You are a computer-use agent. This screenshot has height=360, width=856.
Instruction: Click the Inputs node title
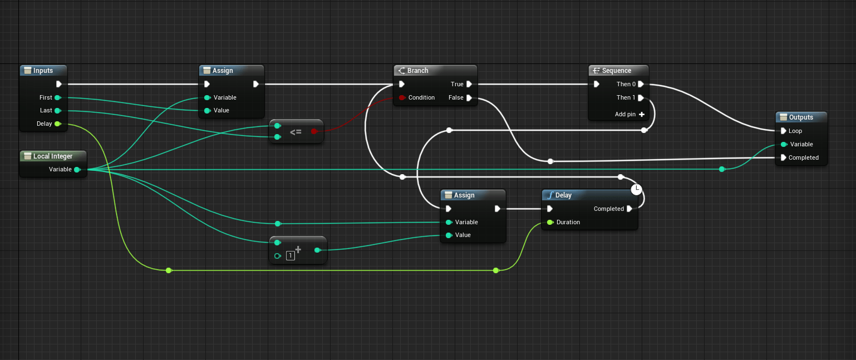click(x=43, y=71)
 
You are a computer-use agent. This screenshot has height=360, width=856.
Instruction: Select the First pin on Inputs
click(x=57, y=97)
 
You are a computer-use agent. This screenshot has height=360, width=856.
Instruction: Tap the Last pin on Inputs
click(x=57, y=110)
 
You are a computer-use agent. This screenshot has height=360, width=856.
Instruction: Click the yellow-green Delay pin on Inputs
click(x=57, y=124)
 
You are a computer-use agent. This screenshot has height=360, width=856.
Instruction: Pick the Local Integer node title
click(x=52, y=156)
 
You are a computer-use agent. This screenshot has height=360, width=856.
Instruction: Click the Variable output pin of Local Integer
click(x=77, y=169)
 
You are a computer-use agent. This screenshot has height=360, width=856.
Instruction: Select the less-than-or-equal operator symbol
click(x=296, y=132)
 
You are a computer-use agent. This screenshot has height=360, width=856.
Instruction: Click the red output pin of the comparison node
click(x=314, y=131)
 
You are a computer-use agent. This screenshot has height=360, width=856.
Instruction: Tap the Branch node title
click(x=417, y=71)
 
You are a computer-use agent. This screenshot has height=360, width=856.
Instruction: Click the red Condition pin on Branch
click(x=401, y=97)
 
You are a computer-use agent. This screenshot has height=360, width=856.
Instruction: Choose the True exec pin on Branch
click(x=469, y=84)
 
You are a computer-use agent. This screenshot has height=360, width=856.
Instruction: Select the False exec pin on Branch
click(x=469, y=97)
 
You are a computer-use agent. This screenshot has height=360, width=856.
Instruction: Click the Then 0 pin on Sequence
click(x=641, y=84)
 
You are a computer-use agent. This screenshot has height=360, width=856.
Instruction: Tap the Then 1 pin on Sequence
click(x=641, y=97)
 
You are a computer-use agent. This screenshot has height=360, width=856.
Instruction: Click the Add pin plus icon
click(x=642, y=114)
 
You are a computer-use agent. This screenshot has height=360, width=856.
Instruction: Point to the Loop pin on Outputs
click(x=784, y=131)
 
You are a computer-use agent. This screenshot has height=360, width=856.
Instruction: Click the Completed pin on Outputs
click(x=784, y=157)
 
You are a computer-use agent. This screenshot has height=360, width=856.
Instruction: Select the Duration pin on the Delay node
click(x=550, y=222)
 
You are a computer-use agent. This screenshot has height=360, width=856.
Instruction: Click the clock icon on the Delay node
click(x=637, y=189)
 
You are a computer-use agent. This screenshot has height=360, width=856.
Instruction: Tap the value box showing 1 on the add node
click(x=291, y=256)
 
